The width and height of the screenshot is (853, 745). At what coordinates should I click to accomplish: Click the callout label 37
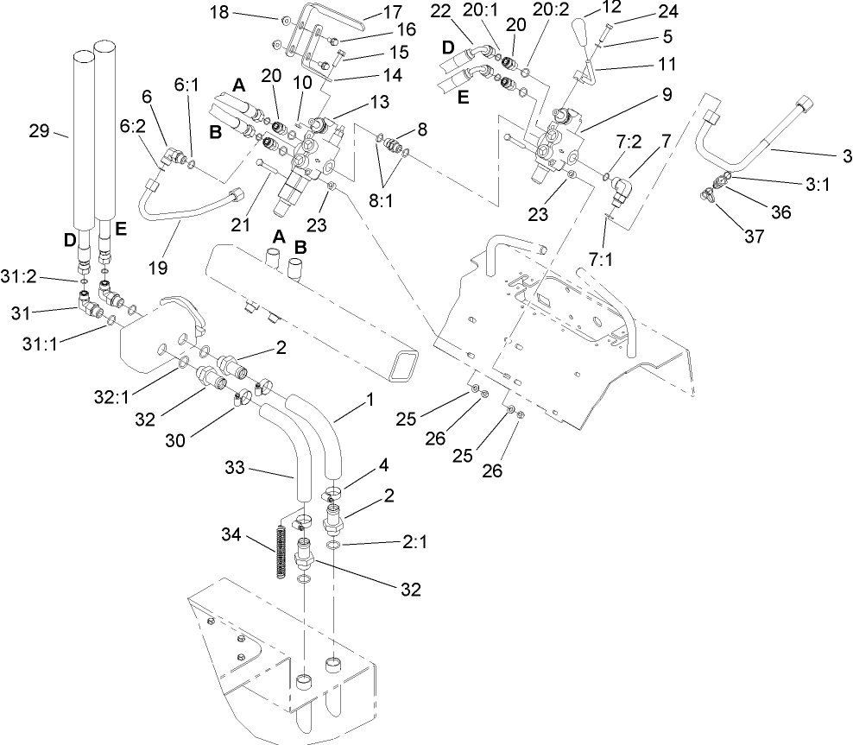pyautogui.click(x=754, y=237)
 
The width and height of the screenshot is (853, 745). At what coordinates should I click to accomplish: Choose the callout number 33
pyautogui.click(x=263, y=470)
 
